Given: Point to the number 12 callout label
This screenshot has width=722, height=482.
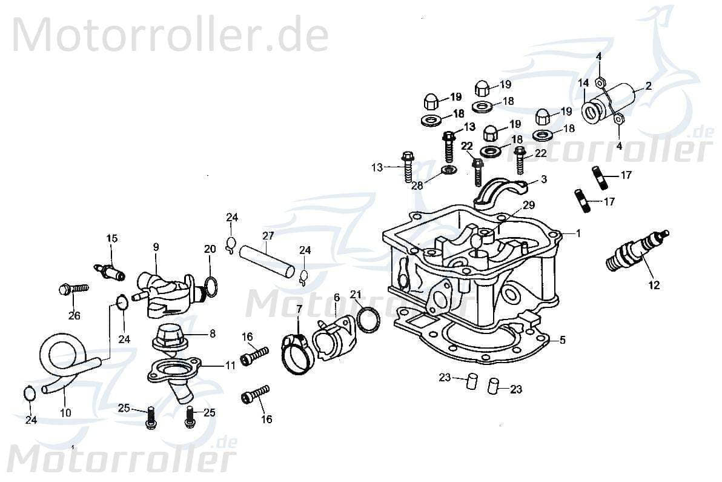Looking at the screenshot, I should [654, 284].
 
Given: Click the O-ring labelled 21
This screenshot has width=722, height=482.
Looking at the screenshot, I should [368, 320].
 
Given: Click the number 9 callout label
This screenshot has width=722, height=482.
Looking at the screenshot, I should [156, 247].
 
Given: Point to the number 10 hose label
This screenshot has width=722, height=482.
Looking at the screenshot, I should [65, 412].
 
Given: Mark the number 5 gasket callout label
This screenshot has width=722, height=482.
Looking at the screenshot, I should [562, 340].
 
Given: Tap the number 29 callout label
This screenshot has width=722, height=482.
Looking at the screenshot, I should [529, 205].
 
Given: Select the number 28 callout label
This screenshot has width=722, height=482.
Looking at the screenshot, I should [417, 186].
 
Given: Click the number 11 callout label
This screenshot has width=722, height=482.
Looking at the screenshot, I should [230, 366].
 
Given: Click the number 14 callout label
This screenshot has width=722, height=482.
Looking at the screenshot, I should [583, 83].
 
